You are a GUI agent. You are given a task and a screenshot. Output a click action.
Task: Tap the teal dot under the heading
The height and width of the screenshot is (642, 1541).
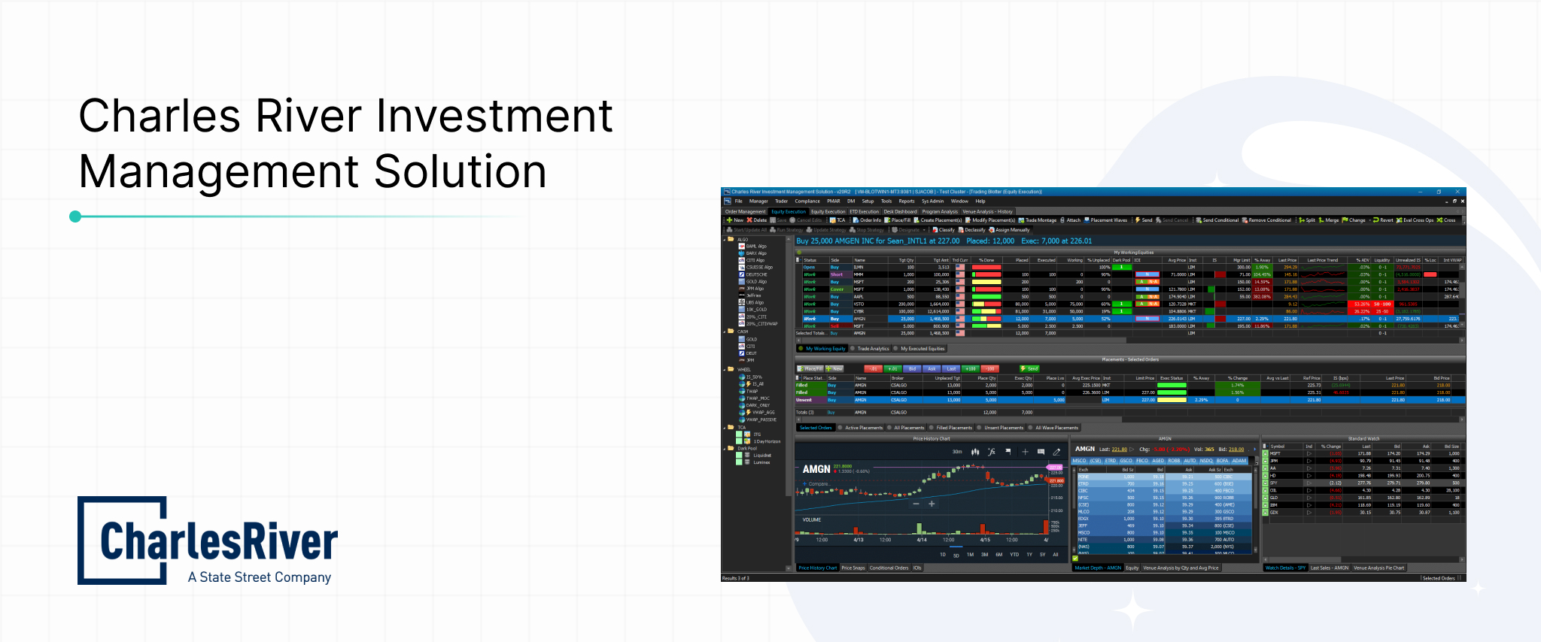pos(75,217)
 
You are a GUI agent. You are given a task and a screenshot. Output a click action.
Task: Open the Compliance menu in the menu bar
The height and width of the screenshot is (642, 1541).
pos(807,201)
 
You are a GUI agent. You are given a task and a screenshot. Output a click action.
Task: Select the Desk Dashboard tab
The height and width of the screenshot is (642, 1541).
pos(900,211)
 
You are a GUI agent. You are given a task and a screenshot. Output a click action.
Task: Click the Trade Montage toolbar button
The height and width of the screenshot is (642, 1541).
pos(1041,220)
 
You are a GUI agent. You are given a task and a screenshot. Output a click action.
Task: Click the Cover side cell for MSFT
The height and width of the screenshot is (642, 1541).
pos(837,289)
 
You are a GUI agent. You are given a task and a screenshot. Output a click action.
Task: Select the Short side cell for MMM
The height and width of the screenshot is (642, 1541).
pos(836,274)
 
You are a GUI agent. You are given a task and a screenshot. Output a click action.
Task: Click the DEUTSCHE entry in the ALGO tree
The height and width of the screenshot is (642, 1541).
pos(756,274)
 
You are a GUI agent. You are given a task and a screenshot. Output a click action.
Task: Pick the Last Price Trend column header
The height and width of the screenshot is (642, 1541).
pos(1322,260)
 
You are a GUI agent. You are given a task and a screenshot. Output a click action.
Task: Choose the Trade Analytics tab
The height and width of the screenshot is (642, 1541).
pos(873,349)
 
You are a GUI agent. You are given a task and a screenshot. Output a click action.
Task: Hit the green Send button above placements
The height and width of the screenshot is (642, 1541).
pos(1029,368)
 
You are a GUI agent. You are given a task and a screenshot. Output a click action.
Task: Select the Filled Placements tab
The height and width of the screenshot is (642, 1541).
pos(953,428)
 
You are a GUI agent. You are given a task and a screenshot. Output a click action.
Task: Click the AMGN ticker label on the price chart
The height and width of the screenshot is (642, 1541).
pos(816,469)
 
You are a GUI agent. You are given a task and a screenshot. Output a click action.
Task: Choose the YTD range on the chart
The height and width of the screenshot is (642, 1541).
pos(1014,555)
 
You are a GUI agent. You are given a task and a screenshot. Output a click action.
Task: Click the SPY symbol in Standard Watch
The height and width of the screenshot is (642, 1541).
pos(1274,483)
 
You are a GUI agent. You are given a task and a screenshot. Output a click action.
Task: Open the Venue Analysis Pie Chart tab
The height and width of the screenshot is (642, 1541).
pos(1378,568)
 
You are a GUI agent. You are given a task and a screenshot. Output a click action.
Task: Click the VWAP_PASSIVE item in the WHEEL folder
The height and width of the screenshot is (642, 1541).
pos(761,419)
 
